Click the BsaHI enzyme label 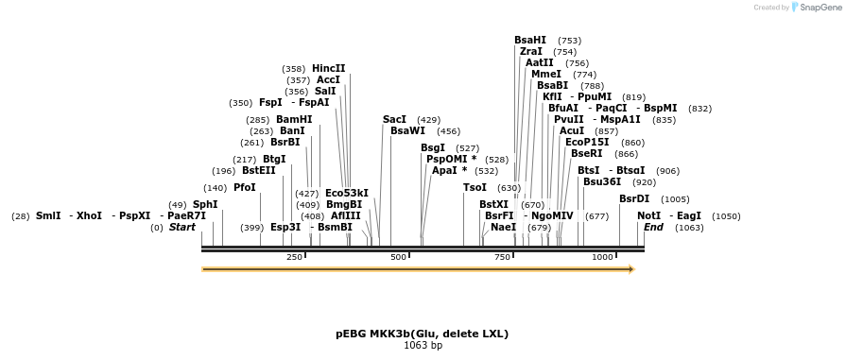point(530,40)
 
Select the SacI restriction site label point(394,119)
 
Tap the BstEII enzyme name point(259,171)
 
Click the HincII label point(329,68)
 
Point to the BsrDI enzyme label point(634,198)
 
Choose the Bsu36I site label point(602,181)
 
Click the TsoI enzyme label point(475,187)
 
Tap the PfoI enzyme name point(245,187)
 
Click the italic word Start point(182,227)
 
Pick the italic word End point(653,227)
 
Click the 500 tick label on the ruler point(398,257)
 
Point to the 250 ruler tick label point(294,257)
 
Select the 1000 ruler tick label point(602,257)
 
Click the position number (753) point(569,41)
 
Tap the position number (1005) point(675,199)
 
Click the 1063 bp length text point(423,346)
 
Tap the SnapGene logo point(816,7)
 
